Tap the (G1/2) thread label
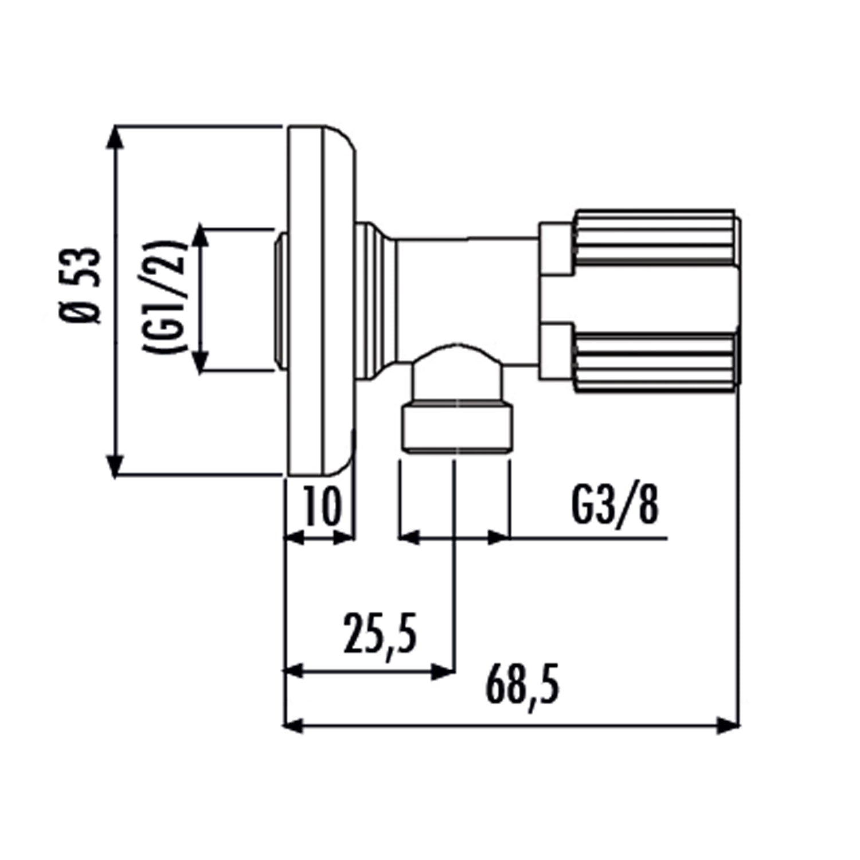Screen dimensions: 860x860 (166, 298)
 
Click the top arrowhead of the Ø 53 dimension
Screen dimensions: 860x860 (116, 138)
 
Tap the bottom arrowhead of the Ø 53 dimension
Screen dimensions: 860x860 (116, 464)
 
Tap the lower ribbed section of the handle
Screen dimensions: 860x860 (654, 358)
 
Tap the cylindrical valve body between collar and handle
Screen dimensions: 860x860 (464, 287)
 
